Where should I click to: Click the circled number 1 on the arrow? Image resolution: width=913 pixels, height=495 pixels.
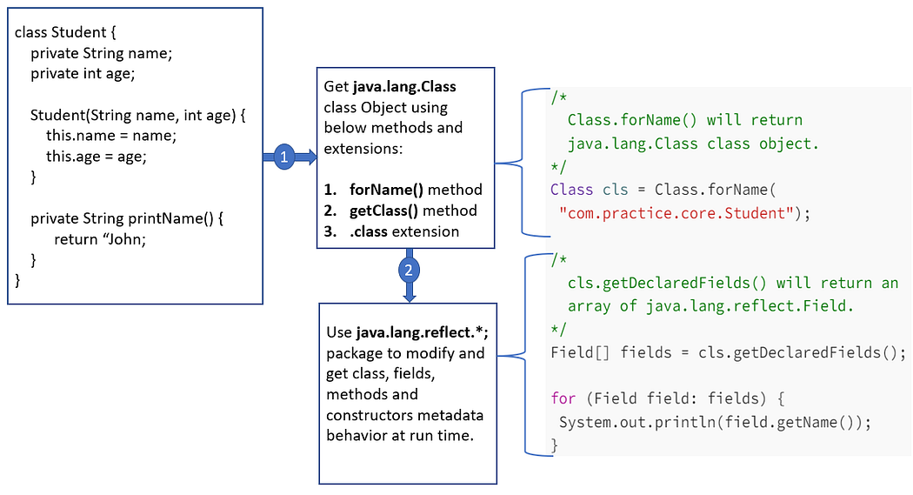click(x=282, y=157)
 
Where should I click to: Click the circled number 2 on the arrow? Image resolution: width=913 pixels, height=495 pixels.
click(x=408, y=270)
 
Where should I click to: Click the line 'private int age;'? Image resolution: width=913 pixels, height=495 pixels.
click(x=83, y=73)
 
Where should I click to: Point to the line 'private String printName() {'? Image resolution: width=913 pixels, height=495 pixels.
click(x=127, y=219)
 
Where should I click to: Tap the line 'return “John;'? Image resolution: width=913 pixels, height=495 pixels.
click(x=100, y=239)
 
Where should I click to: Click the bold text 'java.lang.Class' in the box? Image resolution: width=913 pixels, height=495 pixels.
click(x=404, y=87)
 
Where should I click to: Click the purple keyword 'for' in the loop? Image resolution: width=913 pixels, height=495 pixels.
click(x=563, y=398)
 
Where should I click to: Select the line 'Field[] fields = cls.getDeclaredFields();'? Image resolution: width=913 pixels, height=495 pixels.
click(x=728, y=353)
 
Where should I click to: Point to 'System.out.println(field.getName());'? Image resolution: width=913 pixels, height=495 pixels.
click(x=714, y=422)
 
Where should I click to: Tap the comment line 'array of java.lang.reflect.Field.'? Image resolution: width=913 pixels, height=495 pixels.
click(x=711, y=306)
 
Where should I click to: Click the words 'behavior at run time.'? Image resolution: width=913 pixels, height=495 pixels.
click(x=400, y=435)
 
